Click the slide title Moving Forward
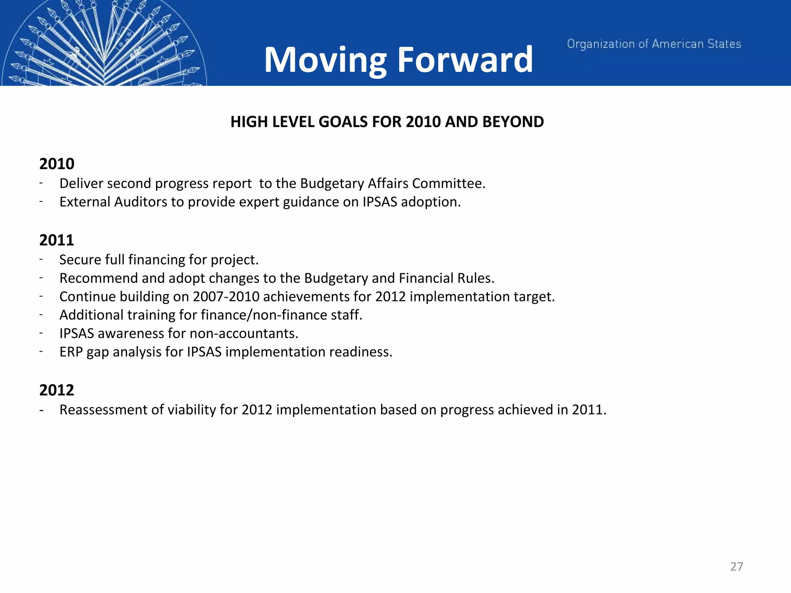coord(398,59)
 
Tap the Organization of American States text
coord(654,44)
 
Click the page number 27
coord(737,566)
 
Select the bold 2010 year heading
coord(57,164)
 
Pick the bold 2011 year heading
coord(56,240)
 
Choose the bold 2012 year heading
coord(56,390)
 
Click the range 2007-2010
coord(226,296)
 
